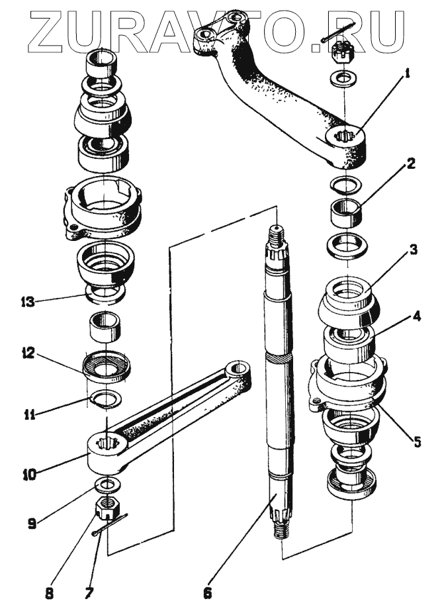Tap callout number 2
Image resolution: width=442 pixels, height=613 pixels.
point(412,164)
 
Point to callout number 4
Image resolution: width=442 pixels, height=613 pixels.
point(415,317)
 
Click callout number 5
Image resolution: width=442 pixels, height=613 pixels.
point(417,442)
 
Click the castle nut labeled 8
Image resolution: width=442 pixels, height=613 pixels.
point(107,508)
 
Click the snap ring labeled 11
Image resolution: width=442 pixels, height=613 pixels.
point(107,399)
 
